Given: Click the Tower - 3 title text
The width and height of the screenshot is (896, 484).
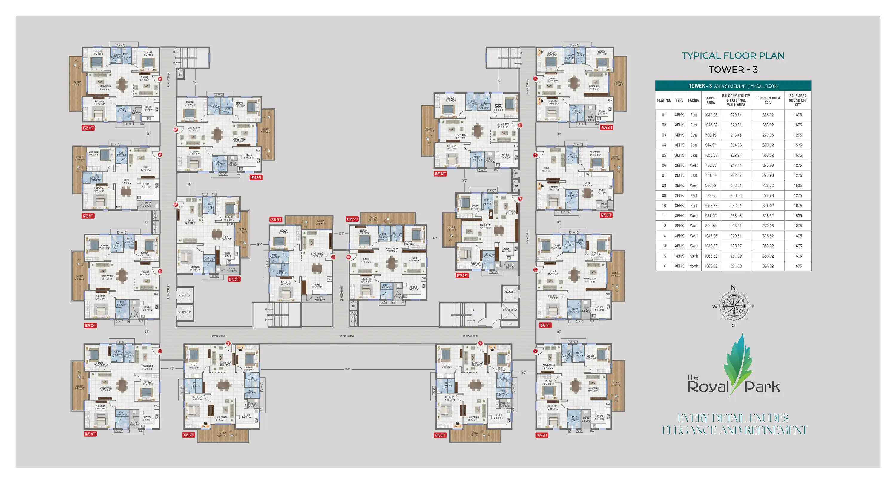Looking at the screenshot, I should [x=733, y=70].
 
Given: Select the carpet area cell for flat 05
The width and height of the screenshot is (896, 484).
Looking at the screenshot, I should [x=710, y=155].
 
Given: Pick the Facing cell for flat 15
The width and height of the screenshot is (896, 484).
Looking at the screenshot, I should [x=693, y=256].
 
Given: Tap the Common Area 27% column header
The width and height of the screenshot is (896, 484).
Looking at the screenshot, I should [x=768, y=100].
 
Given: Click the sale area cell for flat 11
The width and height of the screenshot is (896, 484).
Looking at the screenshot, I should [x=797, y=216].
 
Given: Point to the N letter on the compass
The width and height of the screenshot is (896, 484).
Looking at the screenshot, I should [x=733, y=287].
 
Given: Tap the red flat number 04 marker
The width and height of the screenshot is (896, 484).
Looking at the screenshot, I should [x=160, y=79].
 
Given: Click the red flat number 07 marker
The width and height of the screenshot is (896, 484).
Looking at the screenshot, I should [x=333, y=257].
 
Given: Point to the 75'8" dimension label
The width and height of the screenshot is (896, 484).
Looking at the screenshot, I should [x=347, y=369].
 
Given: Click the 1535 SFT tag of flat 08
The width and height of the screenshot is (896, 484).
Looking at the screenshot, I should [x=352, y=219].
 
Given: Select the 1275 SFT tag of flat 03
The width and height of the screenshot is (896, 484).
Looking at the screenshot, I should [x=88, y=216].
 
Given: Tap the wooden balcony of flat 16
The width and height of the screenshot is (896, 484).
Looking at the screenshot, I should [x=223, y=436].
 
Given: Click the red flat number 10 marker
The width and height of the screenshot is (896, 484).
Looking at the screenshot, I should [x=520, y=125].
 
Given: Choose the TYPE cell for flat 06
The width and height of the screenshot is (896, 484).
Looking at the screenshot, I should [x=679, y=165].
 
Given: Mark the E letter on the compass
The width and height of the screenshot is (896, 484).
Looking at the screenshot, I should [x=753, y=307].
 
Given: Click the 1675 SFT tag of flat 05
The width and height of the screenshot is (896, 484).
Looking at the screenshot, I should [x=256, y=178].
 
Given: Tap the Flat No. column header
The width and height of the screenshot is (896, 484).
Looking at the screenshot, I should [x=664, y=100].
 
